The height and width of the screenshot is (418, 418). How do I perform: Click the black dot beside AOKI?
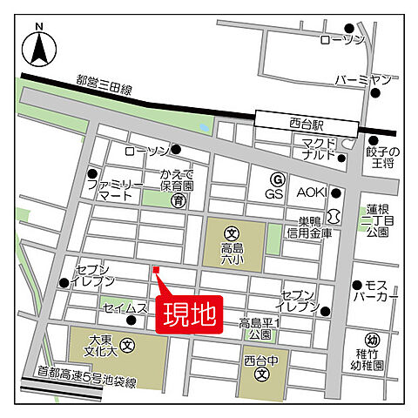point(336,193)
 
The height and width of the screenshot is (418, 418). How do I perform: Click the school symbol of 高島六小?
point(232,233)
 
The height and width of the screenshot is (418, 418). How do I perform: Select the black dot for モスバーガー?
point(357,285)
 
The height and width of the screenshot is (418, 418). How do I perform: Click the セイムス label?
point(125,308)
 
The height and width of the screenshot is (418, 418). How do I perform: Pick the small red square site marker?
point(156,270)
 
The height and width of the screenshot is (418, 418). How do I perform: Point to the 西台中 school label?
point(260,357)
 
